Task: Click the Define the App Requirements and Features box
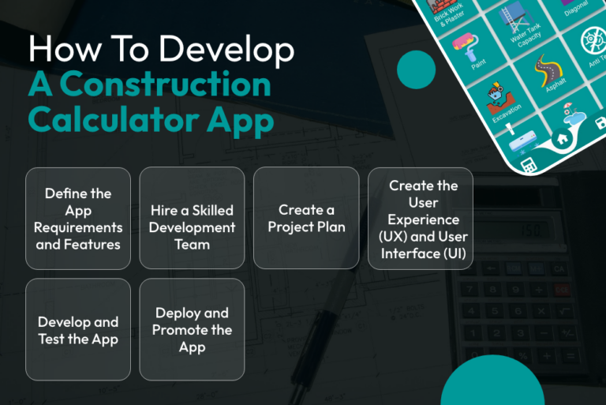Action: [x=77, y=219]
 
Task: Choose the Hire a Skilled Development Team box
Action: [x=192, y=219]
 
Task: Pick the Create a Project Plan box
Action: [x=305, y=219]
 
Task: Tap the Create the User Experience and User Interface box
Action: [x=421, y=219]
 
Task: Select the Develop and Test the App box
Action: [x=77, y=330]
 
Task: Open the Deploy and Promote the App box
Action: [x=192, y=330]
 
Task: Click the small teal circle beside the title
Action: [x=416, y=69]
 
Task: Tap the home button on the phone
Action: [x=561, y=137]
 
